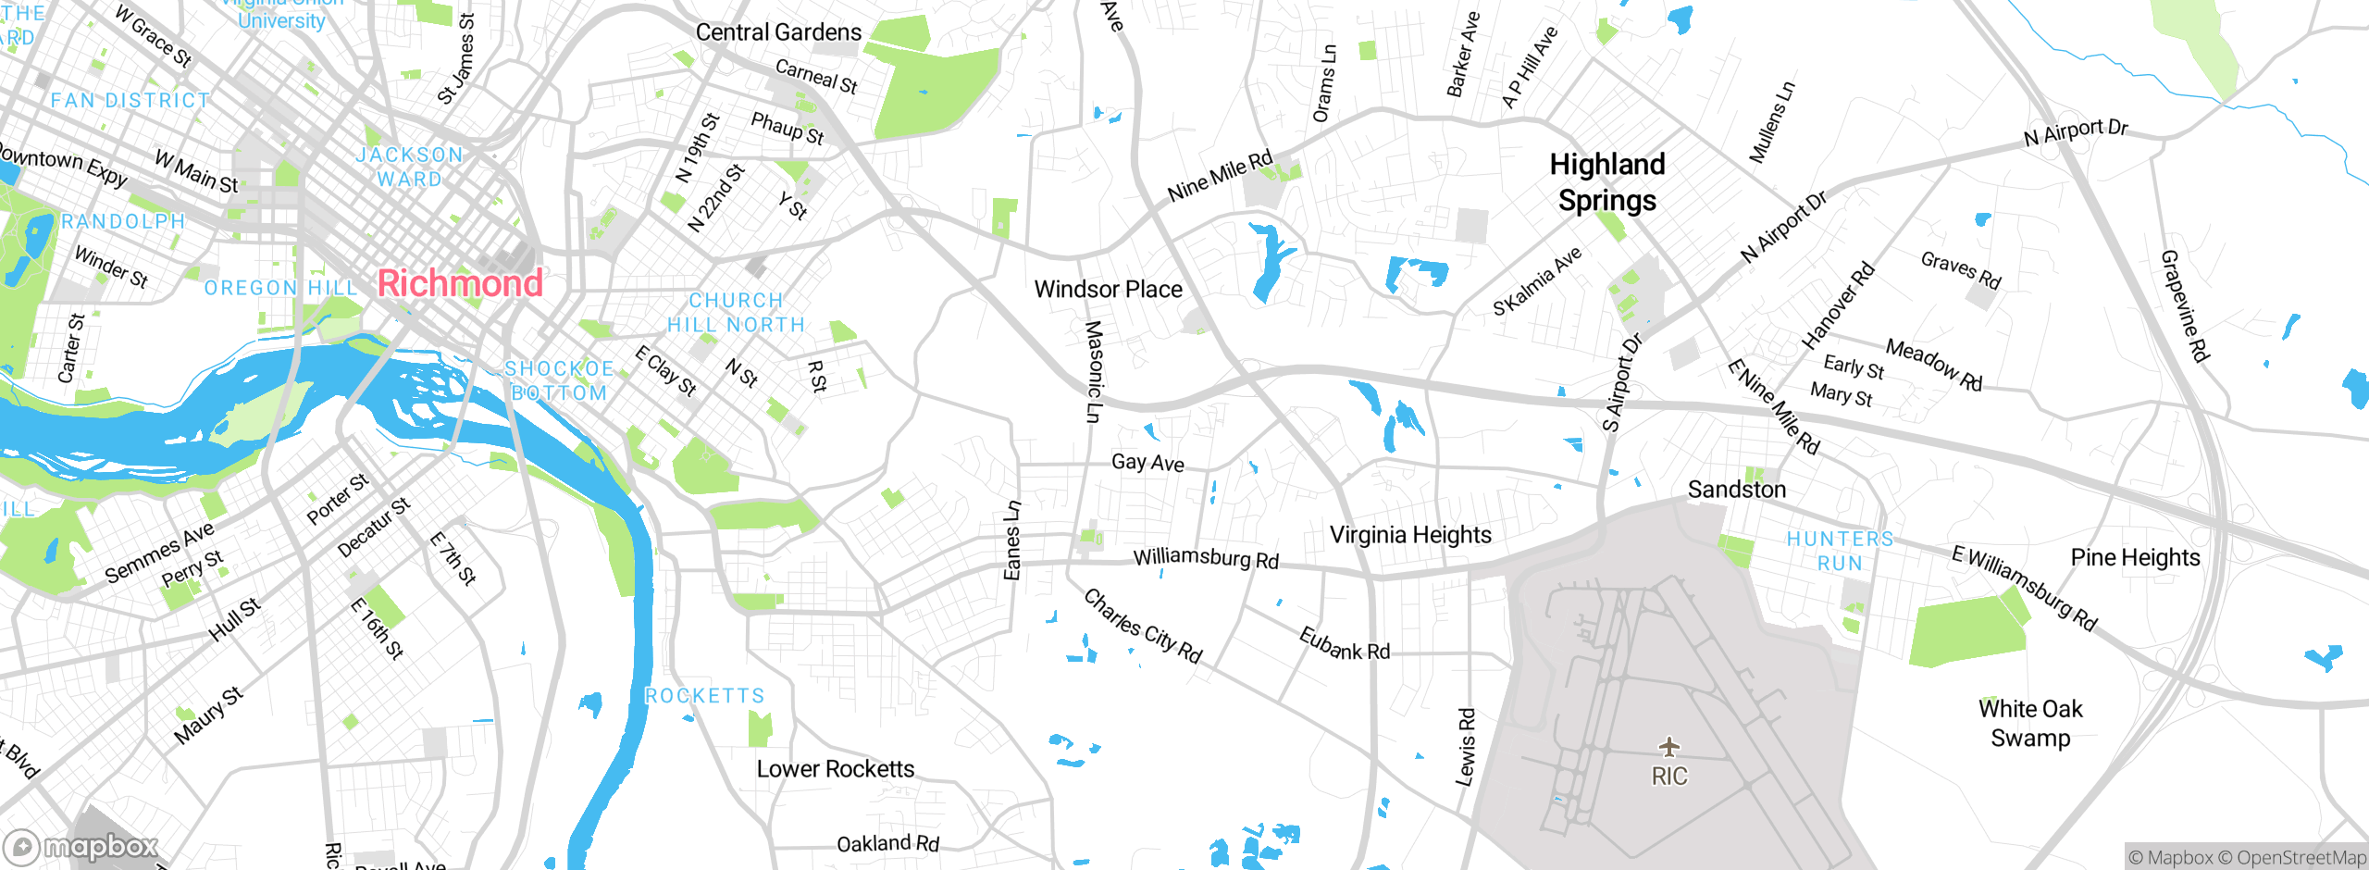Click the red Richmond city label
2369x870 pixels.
(460, 283)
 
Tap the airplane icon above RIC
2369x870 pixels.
(1668, 746)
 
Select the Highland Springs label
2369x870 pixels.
(1607, 182)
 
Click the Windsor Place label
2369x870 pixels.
(1108, 290)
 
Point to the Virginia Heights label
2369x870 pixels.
(1410, 535)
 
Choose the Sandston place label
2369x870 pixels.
(1736, 490)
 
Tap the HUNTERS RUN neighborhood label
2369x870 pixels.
(1840, 551)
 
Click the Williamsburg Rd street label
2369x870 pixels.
(1206, 558)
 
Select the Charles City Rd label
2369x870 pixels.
(1143, 627)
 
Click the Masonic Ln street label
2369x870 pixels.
(1094, 371)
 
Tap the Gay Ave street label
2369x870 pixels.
(1147, 462)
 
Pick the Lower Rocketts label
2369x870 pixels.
(835, 769)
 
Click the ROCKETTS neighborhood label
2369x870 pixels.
(705, 696)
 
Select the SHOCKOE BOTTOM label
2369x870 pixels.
(559, 380)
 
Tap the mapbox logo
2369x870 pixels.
(81, 847)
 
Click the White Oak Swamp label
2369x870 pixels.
(2030, 723)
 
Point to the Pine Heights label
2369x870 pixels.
(2135, 557)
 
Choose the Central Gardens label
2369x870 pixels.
(778, 32)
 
